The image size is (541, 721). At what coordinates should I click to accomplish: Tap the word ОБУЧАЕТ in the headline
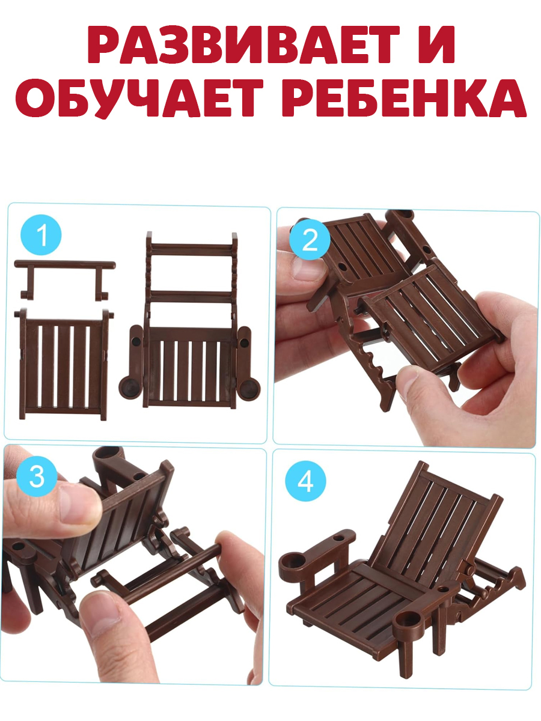click(139, 98)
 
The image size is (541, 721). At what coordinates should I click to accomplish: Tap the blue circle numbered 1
click(41, 235)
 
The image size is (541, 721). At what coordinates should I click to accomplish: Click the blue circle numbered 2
click(310, 240)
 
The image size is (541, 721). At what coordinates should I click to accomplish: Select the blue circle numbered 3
click(37, 476)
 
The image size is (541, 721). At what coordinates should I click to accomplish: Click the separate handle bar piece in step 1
click(65, 279)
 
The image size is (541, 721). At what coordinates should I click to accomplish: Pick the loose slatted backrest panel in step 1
click(64, 364)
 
